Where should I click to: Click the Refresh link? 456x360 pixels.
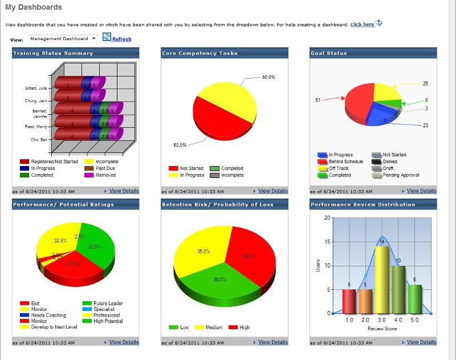[x=121, y=39]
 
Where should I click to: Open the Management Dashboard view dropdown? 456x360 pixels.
[x=63, y=38]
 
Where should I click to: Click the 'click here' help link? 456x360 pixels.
[x=362, y=25]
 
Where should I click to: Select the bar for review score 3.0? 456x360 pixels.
[x=382, y=280]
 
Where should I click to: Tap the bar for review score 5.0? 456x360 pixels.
[x=415, y=299]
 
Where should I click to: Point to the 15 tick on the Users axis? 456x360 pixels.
[x=327, y=242]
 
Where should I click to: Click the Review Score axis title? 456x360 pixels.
[x=382, y=329]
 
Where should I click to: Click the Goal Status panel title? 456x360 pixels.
[x=329, y=53]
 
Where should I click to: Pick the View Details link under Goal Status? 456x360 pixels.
[x=421, y=191]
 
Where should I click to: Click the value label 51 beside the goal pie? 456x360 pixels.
[x=318, y=100]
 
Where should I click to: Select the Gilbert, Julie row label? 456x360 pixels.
[x=35, y=88]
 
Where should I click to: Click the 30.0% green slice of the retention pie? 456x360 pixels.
[x=220, y=280]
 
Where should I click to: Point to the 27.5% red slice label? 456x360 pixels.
[x=74, y=264]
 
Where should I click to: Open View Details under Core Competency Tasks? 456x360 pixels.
[x=273, y=191]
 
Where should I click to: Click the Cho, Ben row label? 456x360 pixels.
[x=39, y=140]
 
